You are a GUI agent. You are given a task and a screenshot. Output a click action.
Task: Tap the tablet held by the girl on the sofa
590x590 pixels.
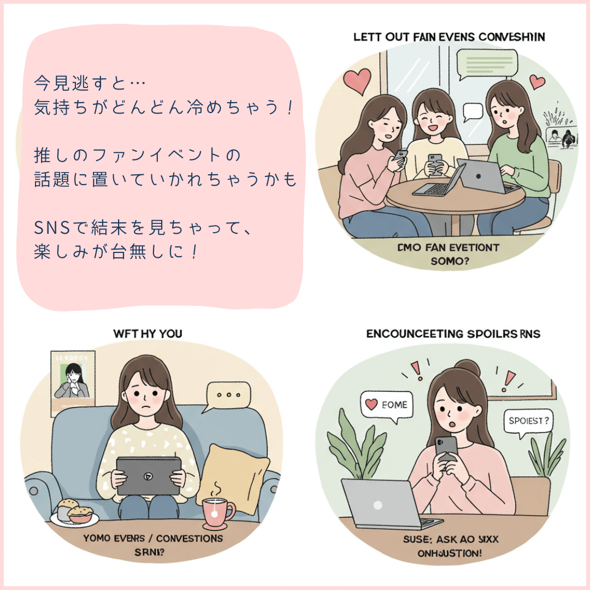[149, 476]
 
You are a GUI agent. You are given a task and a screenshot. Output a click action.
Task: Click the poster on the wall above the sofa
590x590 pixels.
[73, 379]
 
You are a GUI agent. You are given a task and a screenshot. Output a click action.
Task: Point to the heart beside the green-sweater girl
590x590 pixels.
[538, 82]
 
